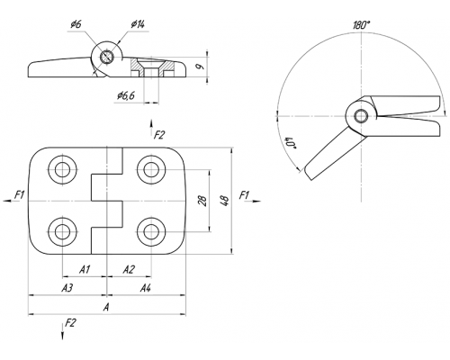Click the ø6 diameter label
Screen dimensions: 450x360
[76, 24]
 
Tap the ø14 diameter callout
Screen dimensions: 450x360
[138, 24]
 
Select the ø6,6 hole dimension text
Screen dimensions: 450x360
[126, 95]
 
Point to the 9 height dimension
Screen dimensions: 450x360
[199, 66]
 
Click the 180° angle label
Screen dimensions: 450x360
[361, 25]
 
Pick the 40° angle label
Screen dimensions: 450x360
[289, 143]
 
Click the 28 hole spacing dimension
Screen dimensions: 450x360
[203, 201]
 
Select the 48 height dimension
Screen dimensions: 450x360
[225, 201]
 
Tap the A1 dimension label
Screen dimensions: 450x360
[85, 269]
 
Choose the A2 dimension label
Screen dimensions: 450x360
[129, 269]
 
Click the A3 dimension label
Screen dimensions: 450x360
[67, 288]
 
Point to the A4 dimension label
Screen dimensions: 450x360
[146, 288]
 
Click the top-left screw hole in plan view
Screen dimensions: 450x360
[62, 169]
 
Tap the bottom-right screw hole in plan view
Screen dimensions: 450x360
[151, 231]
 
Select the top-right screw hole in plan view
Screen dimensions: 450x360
[151, 169]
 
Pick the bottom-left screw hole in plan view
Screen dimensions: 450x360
[62, 231]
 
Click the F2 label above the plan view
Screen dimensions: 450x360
[159, 135]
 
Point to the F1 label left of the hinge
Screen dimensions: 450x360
[20, 195]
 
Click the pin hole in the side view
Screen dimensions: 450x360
[106, 57]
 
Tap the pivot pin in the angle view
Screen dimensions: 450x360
[361, 116]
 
